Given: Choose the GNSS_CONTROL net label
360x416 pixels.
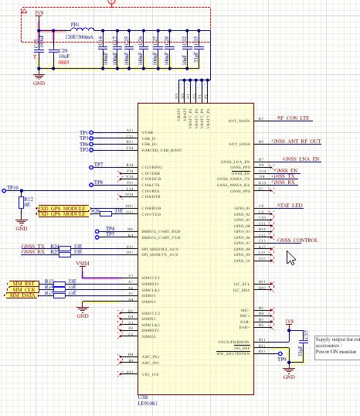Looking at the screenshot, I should pos(297,240).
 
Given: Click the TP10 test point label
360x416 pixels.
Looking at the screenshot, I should pos(11,188).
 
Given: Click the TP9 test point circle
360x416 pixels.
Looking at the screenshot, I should pos(289,358).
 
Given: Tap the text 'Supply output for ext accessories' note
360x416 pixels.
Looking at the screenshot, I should pos(337,343).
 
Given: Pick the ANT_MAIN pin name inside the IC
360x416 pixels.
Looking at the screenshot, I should pos(240,120).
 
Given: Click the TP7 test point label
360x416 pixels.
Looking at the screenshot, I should pos(98,165).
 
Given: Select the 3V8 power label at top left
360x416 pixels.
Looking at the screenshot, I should pos(39,13).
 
